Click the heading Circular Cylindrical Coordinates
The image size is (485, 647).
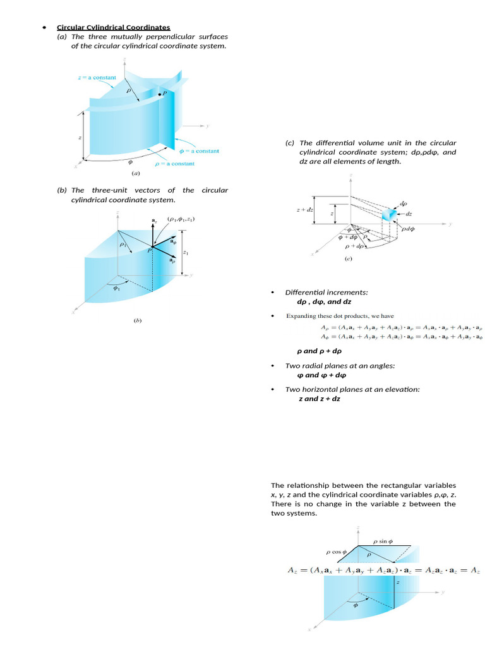[x=114, y=27]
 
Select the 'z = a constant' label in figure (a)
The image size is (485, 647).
[x=97, y=78]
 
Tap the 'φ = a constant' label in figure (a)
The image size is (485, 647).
[x=199, y=151]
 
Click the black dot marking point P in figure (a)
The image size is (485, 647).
[x=159, y=94]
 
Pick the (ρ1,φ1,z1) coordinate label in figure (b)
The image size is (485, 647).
[x=181, y=219]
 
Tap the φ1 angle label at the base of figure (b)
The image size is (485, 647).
[x=116, y=289]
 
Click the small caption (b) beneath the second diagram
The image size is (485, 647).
[x=137, y=320]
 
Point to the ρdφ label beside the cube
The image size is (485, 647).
[x=408, y=229]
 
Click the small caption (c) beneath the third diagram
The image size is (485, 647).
[x=348, y=259]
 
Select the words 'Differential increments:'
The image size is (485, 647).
[x=326, y=293]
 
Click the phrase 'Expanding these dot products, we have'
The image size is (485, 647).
[x=340, y=316]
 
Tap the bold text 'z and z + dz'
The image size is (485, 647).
[x=320, y=399]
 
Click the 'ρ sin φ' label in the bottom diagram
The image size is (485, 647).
[x=383, y=541]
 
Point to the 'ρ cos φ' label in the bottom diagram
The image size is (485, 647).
[x=337, y=552]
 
